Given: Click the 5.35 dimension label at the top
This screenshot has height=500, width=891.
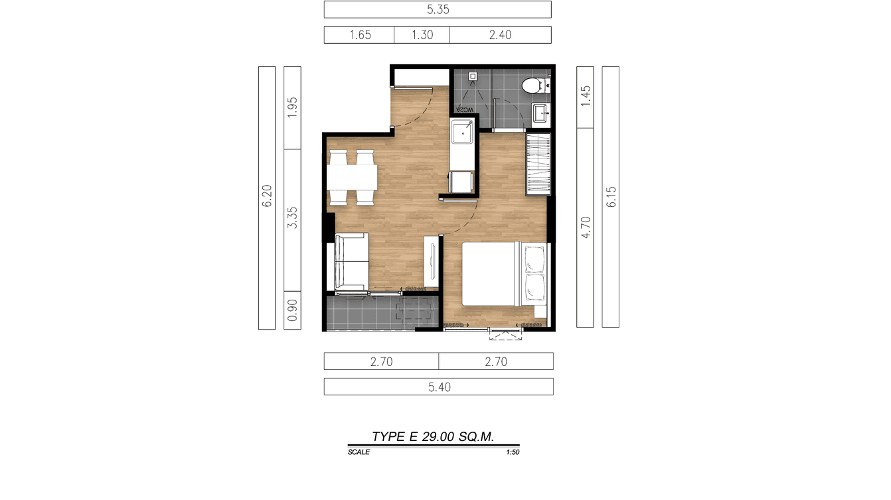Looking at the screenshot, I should click(x=437, y=10).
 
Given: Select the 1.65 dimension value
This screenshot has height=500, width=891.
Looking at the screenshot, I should click(x=360, y=35).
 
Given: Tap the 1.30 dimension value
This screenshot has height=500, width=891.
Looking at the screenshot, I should click(x=422, y=35).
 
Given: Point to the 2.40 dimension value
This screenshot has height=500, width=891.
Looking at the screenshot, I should click(x=500, y=35).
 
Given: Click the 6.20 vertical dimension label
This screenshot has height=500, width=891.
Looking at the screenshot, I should click(x=267, y=198).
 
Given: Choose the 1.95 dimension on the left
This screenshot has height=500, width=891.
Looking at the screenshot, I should click(x=292, y=107).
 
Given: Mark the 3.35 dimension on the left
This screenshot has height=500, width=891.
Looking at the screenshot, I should click(x=292, y=218).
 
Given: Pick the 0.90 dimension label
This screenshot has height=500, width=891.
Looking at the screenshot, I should click(x=292, y=310).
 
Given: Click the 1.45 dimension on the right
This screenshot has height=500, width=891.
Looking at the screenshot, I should click(x=585, y=97).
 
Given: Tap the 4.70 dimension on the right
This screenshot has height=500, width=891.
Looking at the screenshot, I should click(x=585, y=227).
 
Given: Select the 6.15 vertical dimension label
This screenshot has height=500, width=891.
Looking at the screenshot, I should click(x=611, y=196).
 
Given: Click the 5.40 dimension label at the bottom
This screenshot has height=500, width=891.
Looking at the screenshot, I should click(x=439, y=387).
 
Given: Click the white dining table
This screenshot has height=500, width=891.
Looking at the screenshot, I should click(x=353, y=178).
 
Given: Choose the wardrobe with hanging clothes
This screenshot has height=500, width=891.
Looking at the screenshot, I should click(x=538, y=164).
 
